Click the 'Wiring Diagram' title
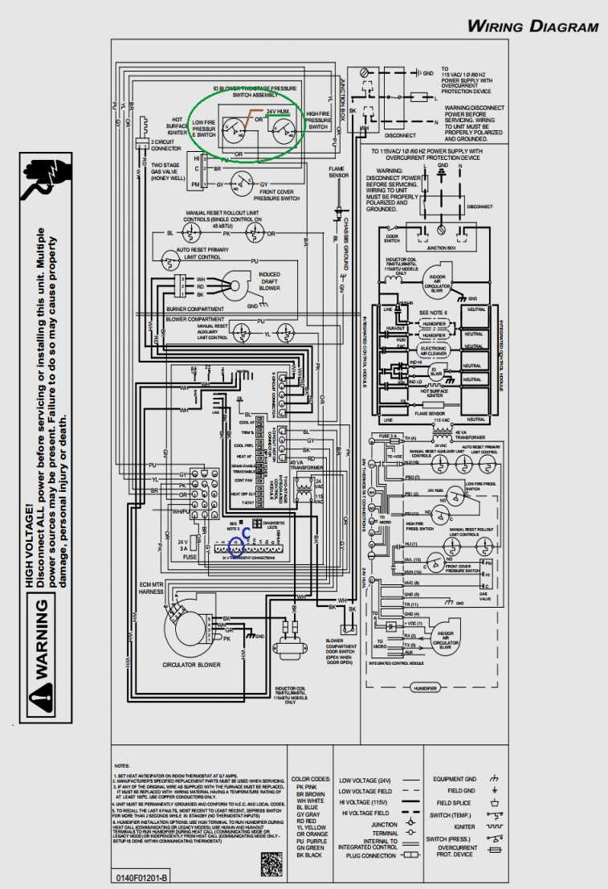[533, 26]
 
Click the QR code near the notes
[272, 862]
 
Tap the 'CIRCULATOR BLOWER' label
[192, 666]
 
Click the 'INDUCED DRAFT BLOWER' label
[270, 281]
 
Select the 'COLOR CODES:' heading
[311, 779]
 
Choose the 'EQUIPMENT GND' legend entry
[455, 780]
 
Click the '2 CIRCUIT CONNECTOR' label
[166, 146]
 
